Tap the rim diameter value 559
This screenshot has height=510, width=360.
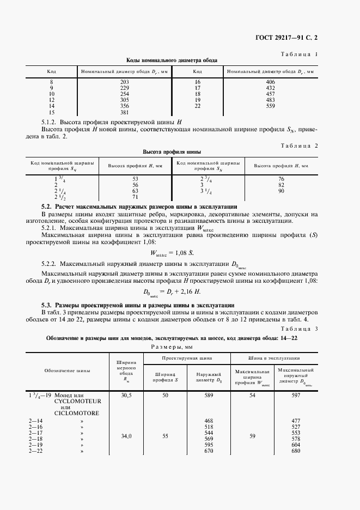(x=271, y=106)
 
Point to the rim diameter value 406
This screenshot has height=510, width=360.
(x=271, y=81)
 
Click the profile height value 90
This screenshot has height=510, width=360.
(x=281, y=191)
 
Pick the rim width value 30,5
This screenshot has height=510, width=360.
(x=126, y=394)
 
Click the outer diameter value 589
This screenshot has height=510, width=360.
(x=209, y=394)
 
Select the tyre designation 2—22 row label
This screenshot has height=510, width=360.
(x=35, y=451)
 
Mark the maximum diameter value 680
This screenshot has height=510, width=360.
(x=296, y=451)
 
